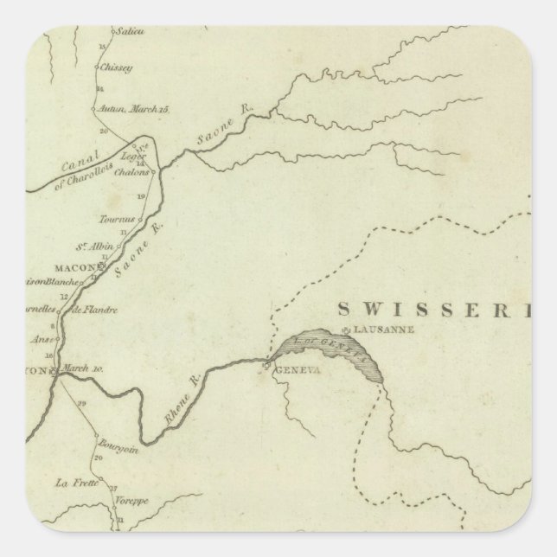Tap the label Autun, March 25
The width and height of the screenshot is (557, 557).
139,109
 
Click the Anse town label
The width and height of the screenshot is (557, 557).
42,339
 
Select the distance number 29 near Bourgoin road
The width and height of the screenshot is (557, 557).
82,404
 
